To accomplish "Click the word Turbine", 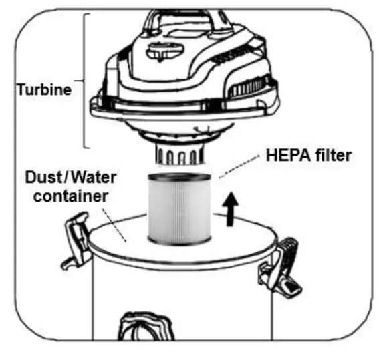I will (43, 90).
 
